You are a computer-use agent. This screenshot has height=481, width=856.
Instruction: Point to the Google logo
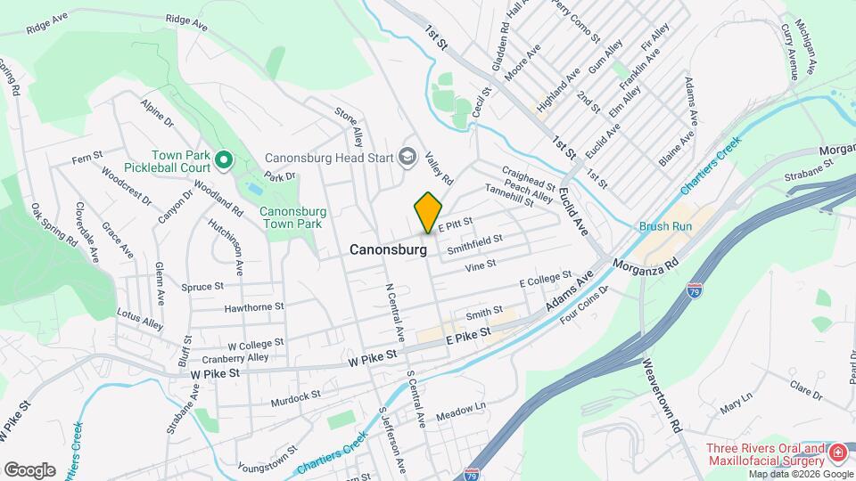point(29,469)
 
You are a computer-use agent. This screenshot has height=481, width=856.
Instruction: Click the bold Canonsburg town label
point(385,250)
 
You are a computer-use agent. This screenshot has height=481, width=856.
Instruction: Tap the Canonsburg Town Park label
point(290,217)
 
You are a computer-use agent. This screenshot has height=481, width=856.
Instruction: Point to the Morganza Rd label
point(648,264)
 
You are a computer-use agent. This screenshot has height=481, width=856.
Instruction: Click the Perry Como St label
point(576,19)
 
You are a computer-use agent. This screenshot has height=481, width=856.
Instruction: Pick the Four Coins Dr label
point(584,306)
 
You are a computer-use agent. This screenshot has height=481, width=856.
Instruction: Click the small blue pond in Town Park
point(254,190)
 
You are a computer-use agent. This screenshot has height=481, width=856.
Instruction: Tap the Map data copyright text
point(799,474)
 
